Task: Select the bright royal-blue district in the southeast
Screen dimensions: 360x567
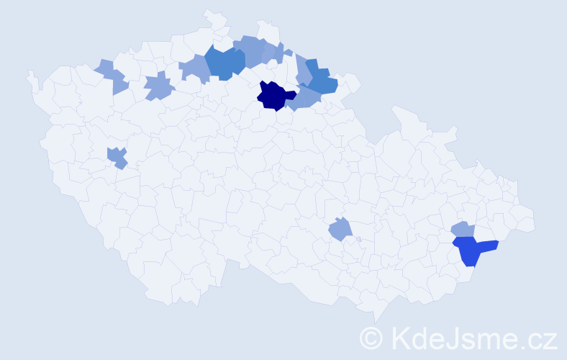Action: coord(471,250)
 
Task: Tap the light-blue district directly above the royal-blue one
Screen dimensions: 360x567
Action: coord(463,229)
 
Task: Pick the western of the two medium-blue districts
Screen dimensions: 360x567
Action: coord(224,63)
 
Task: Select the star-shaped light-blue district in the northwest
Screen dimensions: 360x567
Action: coord(158,87)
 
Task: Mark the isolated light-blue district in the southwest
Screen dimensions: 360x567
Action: coord(117,157)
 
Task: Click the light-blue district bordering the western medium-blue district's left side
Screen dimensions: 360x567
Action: coord(194,68)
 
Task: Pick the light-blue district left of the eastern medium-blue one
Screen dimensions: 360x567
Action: coord(302,70)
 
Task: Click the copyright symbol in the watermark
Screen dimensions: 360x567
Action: coord(371,337)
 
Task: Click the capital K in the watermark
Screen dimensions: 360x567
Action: coord(401,337)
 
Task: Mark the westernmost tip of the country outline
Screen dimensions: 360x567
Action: coord(28,73)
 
